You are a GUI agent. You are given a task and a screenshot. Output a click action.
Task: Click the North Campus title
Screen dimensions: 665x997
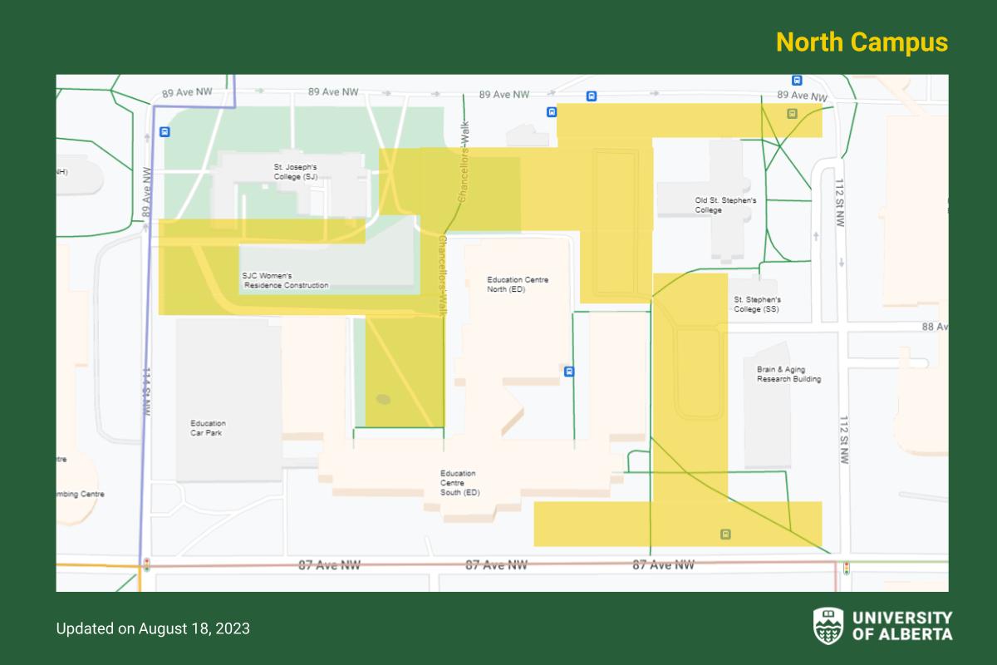(862, 42)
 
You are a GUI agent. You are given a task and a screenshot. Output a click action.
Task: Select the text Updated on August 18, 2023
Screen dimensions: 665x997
(153, 628)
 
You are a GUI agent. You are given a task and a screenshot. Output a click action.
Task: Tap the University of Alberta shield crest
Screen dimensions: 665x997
(828, 625)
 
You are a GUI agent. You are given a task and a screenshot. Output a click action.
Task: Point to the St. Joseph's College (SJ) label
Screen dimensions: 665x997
(295, 171)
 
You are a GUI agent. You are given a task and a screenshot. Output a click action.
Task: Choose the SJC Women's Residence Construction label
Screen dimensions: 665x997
(285, 280)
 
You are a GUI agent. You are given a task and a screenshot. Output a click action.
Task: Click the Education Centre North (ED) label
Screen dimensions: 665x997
(518, 284)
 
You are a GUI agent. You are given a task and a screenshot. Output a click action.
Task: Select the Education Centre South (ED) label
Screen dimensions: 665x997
(459, 483)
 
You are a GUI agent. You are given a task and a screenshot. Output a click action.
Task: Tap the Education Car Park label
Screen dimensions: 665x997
(207, 428)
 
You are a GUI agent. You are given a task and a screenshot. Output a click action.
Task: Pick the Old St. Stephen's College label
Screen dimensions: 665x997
(725, 205)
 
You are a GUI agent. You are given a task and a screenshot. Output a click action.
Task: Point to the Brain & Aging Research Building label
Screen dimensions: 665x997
(788, 374)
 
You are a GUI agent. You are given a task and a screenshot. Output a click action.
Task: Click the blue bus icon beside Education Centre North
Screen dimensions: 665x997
(569, 372)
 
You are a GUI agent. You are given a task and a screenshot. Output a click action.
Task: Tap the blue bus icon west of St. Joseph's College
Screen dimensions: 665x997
(165, 131)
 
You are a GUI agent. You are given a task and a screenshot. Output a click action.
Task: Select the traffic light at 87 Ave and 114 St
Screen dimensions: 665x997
(146, 566)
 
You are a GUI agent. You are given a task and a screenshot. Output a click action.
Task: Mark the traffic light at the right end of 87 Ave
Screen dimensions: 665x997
(847, 569)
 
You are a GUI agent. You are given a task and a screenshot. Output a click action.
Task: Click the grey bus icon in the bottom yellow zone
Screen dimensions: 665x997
(725, 534)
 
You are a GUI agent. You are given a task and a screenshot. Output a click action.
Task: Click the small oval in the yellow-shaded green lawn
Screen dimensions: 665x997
(383, 399)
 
